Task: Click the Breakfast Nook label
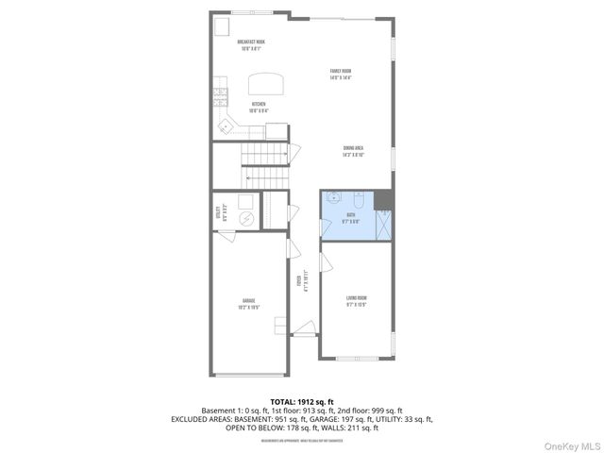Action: tap(251, 45)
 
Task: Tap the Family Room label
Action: tap(341, 74)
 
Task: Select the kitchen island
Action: tap(265, 80)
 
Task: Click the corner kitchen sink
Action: tap(226, 126)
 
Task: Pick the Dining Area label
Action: tap(354, 150)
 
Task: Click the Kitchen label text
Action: tap(258, 106)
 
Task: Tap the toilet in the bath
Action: tap(359, 200)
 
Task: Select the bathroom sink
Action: tap(332, 199)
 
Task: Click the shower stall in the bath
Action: tap(383, 226)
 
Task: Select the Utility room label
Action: tap(219, 213)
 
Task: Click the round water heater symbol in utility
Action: tap(245, 219)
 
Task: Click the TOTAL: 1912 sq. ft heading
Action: tap(301, 402)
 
